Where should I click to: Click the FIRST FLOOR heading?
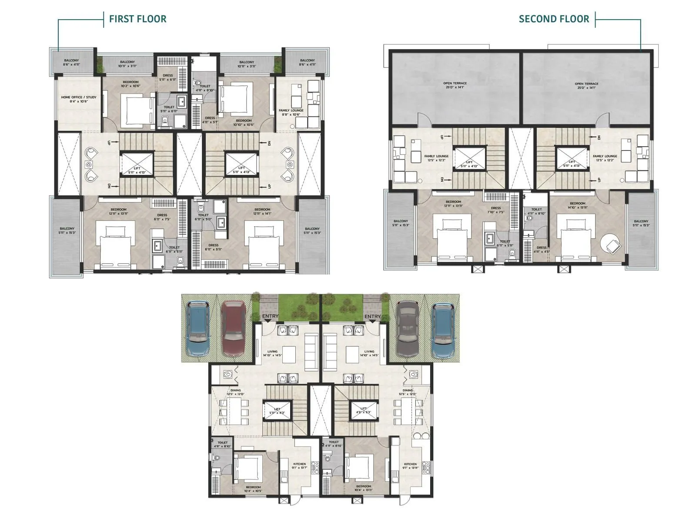(x=137, y=19)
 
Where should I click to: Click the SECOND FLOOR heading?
(x=554, y=19)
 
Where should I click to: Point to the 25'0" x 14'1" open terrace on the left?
(x=455, y=85)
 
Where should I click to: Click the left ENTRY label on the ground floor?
(x=270, y=316)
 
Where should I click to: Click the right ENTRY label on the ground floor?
(x=372, y=316)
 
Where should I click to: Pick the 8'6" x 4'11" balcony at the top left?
(x=72, y=62)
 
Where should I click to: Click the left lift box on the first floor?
(x=137, y=164)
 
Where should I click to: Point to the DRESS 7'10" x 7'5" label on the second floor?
(x=495, y=210)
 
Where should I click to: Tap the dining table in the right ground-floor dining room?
(x=408, y=412)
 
